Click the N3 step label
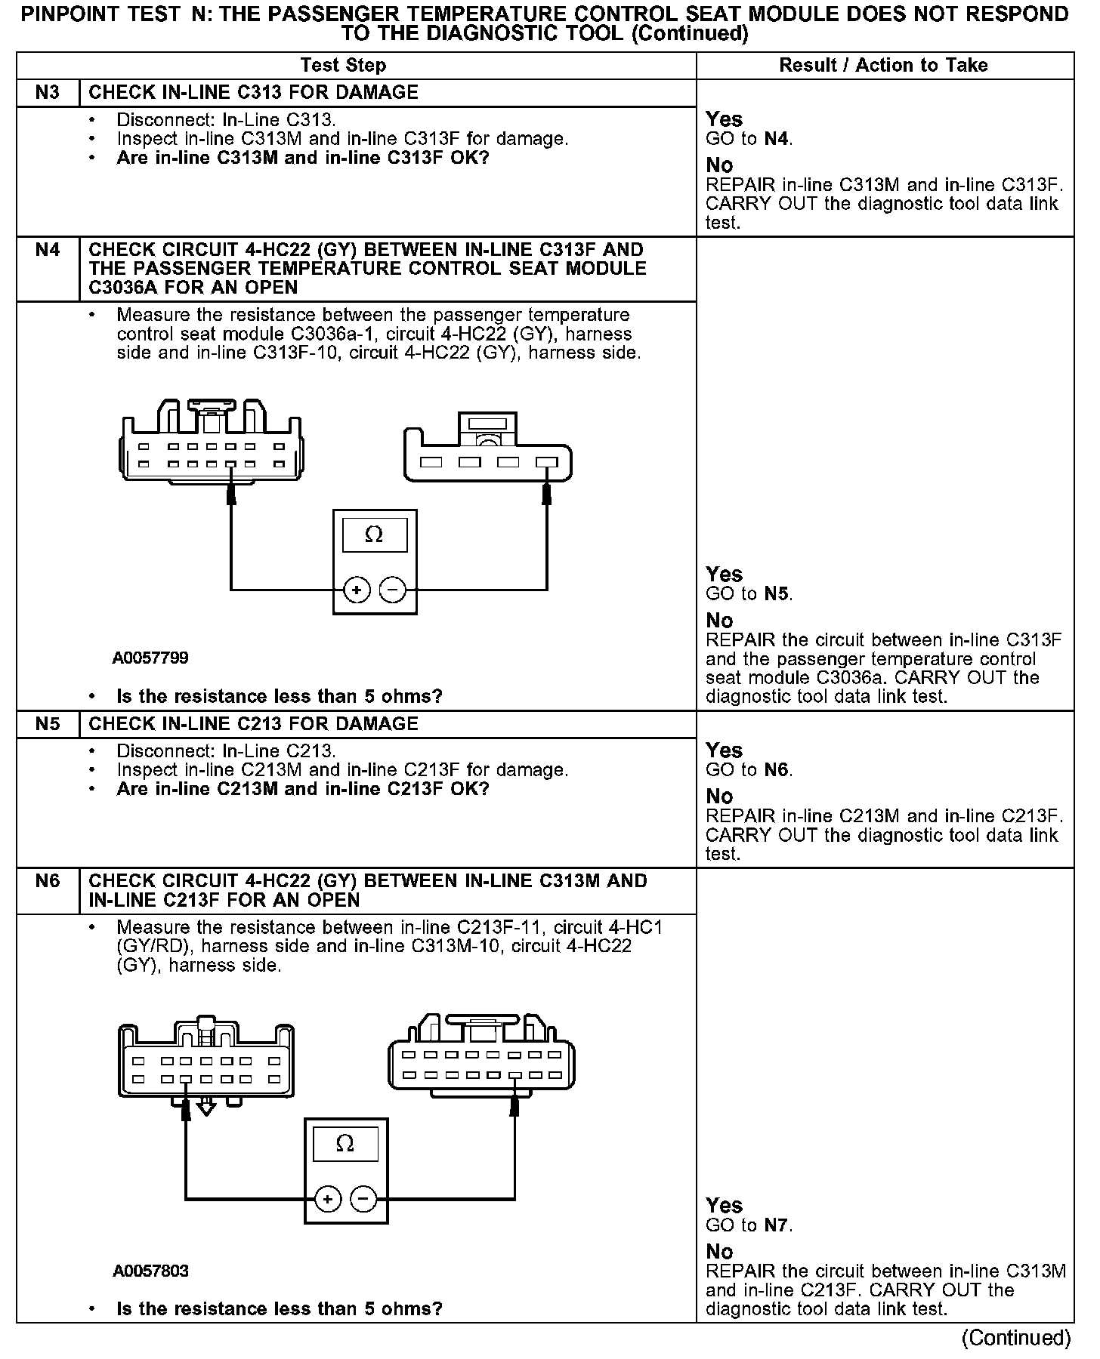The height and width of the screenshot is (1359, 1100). (47, 93)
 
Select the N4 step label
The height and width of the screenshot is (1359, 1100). (47, 250)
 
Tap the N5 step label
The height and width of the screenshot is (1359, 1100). (47, 724)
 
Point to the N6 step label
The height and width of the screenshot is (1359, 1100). (47, 881)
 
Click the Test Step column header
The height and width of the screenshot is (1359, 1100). (343, 66)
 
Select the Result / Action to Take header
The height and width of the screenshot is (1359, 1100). (883, 66)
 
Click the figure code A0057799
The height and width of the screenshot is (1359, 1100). (150, 658)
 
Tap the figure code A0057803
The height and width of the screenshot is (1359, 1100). (150, 1271)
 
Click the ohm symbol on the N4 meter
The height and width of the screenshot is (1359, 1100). (374, 535)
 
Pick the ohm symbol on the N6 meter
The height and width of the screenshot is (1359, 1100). (345, 1144)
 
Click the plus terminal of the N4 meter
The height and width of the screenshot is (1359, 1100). (357, 590)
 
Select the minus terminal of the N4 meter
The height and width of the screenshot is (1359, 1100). (392, 590)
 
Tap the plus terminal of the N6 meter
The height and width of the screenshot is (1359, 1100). (328, 1198)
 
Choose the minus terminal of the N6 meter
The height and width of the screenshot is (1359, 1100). (363, 1198)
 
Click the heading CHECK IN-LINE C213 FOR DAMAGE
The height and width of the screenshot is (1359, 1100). (253, 724)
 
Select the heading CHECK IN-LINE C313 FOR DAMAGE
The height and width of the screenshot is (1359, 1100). (253, 93)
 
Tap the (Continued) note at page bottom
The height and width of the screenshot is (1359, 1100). (1015, 1339)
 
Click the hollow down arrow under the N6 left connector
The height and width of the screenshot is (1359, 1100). (206, 1108)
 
